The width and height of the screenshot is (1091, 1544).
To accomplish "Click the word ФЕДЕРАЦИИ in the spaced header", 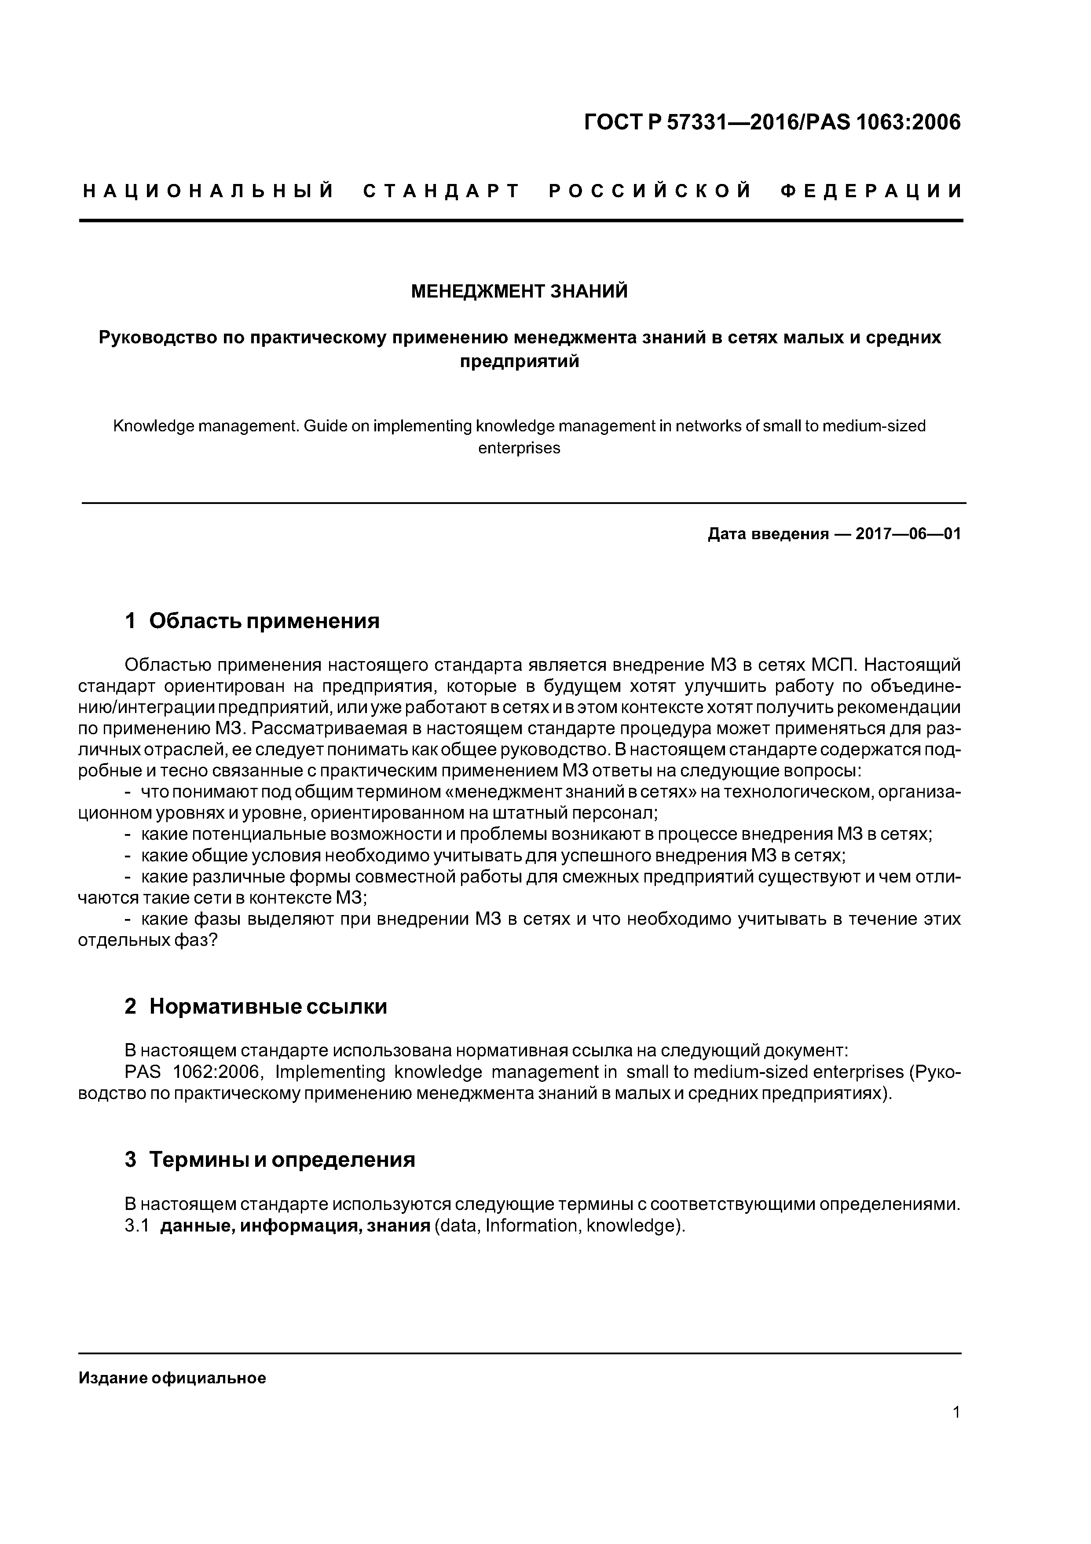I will coord(872,191).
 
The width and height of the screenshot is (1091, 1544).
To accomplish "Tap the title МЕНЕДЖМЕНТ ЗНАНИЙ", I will coord(519,291).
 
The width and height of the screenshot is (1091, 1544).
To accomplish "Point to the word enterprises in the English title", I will coord(519,448).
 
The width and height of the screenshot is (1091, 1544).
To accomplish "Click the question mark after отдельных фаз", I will coord(213,940).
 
